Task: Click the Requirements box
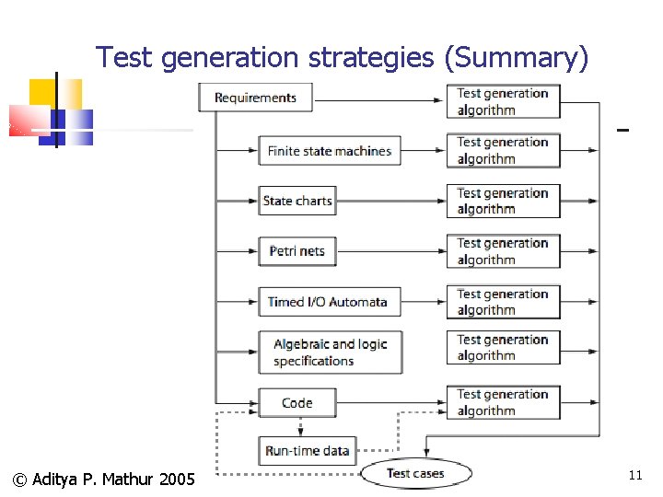(x=255, y=98)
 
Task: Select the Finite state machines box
(x=330, y=151)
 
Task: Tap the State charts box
(x=297, y=201)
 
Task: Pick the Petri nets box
(x=297, y=251)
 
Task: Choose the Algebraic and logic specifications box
(x=330, y=353)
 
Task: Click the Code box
(x=297, y=403)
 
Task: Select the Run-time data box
(x=307, y=451)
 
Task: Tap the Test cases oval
(x=415, y=474)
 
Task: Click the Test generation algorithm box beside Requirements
(x=503, y=101)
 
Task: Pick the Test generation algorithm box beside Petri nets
(x=503, y=251)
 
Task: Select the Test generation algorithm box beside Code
(x=503, y=402)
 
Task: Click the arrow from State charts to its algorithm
(x=390, y=201)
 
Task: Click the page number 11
(x=634, y=475)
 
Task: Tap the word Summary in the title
(x=515, y=58)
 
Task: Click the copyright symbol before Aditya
(x=19, y=480)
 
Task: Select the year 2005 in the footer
(x=177, y=480)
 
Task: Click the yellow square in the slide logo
(x=43, y=92)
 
